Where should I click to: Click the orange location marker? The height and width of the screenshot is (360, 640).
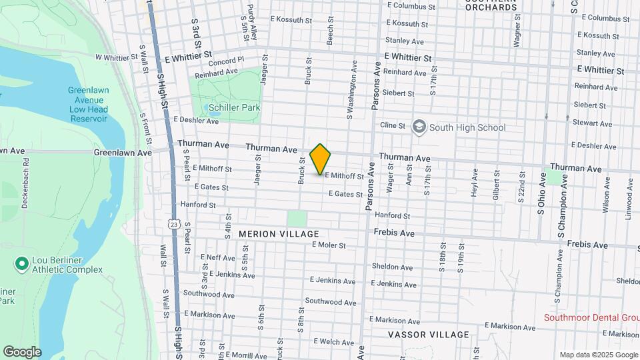321,159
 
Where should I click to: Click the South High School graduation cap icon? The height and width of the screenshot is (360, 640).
419,127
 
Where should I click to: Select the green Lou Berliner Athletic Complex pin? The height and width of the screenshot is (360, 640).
21,265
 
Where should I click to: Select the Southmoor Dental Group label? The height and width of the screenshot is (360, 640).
591,317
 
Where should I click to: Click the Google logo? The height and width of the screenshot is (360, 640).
22,352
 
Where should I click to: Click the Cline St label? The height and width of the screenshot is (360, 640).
392,125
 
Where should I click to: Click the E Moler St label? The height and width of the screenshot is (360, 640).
329,245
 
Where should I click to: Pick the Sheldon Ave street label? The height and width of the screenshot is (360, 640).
392,267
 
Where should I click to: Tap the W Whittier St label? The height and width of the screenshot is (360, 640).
116,58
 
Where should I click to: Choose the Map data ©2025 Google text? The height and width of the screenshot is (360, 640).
598,355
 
